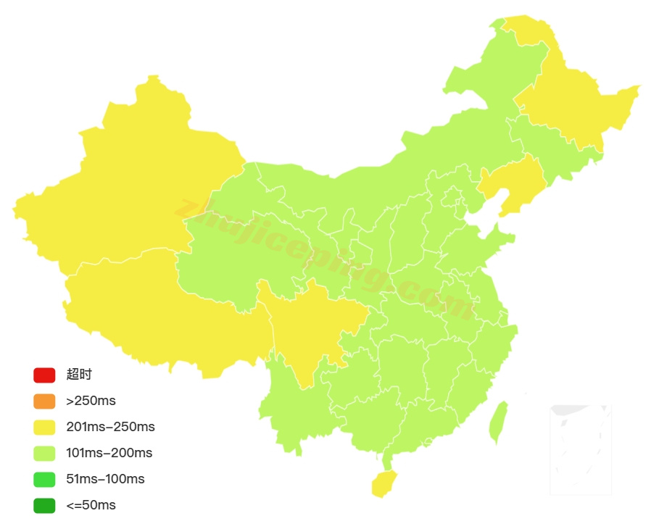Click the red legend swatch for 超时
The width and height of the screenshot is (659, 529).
(43, 375)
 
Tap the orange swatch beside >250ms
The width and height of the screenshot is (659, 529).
(43, 401)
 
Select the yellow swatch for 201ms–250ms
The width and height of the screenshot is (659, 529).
(43, 427)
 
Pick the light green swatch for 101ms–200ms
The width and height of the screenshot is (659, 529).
(43, 453)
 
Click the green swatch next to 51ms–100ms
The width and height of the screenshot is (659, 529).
(43, 479)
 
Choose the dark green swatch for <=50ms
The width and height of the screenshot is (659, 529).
(43, 505)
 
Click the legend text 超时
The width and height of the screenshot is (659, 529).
(79, 375)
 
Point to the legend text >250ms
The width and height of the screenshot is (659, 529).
(91, 401)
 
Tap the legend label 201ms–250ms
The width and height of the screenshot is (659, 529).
(110, 427)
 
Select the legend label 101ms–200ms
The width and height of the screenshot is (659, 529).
(109, 453)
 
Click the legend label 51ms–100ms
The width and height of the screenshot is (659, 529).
(105, 479)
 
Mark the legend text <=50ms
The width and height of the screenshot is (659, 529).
(91, 505)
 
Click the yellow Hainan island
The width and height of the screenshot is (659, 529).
(384, 483)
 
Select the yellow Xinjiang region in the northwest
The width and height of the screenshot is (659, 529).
(130, 188)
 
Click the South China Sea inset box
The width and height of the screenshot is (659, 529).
(580, 449)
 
